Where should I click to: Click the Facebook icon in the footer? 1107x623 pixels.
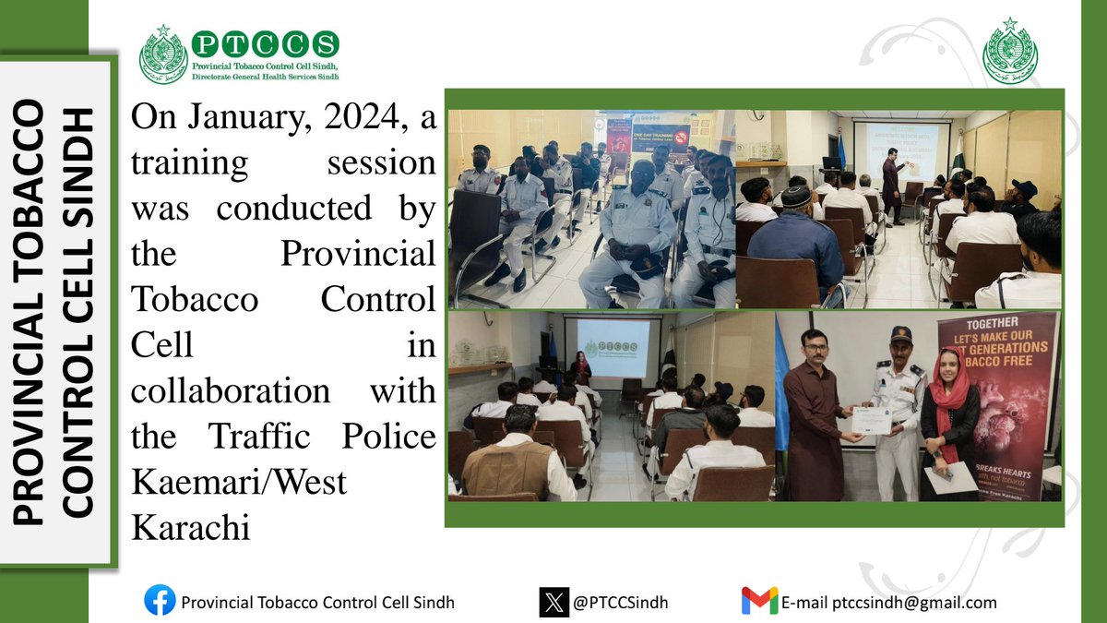point(160,602)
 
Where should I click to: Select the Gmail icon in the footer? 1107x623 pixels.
point(759,602)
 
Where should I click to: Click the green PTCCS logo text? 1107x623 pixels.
point(264,42)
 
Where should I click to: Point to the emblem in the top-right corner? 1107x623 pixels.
point(1010,52)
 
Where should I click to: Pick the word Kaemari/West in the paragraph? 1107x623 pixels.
point(240,481)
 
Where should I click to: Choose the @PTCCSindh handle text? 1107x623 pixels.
point(620,603)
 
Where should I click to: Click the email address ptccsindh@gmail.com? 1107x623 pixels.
point(914,603)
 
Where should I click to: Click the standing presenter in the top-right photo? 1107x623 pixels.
point(891,185)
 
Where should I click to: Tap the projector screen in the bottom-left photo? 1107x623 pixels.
point(613,348)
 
